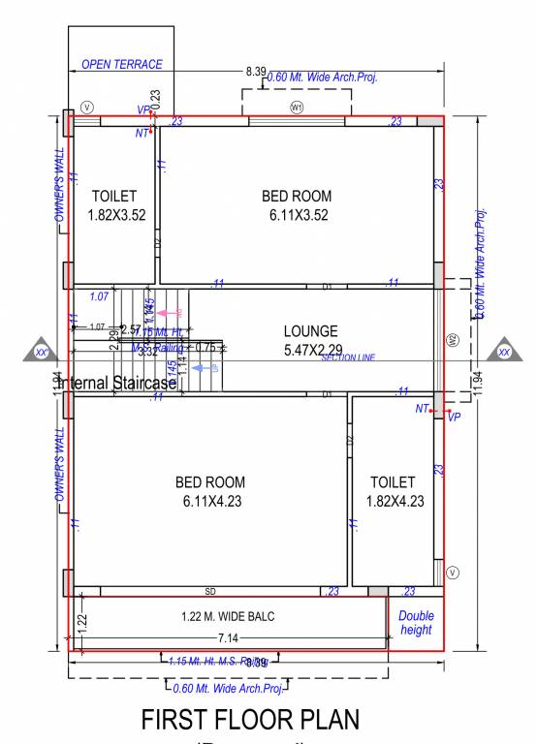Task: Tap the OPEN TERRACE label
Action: click(121, 65)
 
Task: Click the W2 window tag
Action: click(452, 339)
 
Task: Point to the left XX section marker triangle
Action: click(41, 352)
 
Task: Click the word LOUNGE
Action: click(310, 330)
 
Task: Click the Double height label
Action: click(416, 623)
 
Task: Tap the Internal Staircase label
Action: click(118, 383)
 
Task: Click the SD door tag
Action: click(210, 591)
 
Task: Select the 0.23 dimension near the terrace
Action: click(156, 99)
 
